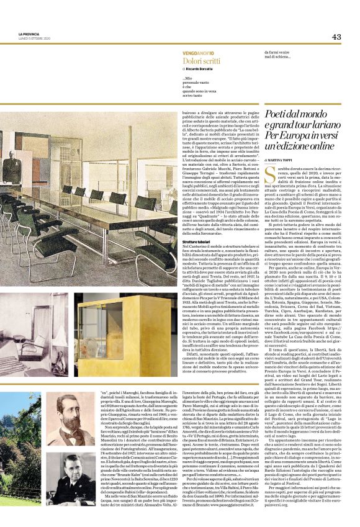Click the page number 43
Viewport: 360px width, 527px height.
click(336, 37)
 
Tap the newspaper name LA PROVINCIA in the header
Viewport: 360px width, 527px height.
click(28, 34)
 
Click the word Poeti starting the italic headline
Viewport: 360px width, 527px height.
click(277, 114)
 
